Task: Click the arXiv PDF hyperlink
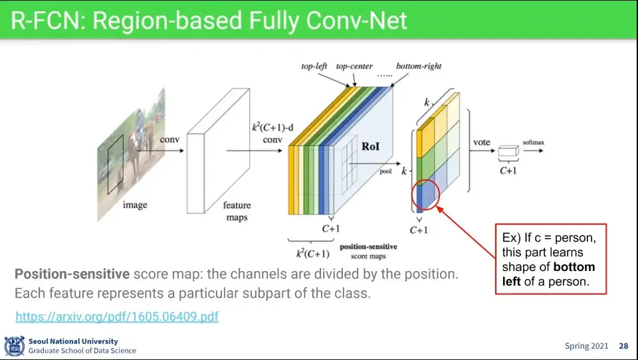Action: [117, 316]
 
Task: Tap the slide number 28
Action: [623, 346]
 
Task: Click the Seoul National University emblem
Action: [14, 346]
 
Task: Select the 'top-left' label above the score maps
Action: [314, 66]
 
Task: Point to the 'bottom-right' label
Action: [419, 66]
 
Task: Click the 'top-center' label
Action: [354, 66]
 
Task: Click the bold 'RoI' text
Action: [370, 146]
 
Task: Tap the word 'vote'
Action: [481, 142]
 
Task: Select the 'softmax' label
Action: [533, 142]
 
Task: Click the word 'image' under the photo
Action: [135, 205]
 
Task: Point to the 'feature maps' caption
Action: [237, 211]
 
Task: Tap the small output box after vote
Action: [508, 151]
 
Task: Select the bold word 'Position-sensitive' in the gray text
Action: [72, 274]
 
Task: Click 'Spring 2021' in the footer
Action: [586, 346]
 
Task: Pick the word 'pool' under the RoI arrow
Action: [385, 171]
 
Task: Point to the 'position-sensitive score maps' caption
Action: [368, 251]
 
